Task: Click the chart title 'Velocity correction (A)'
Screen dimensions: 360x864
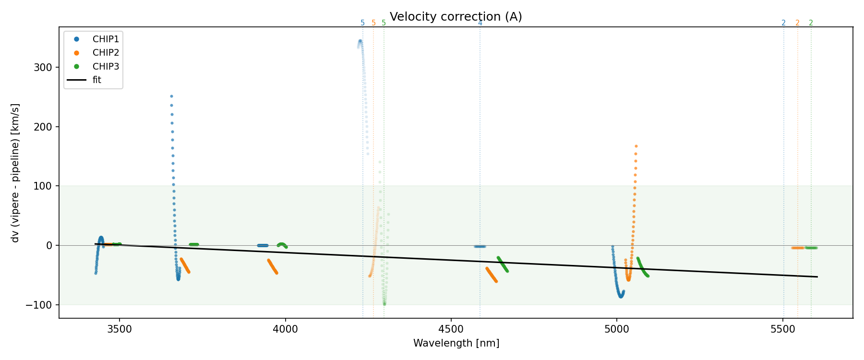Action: (x=456, y=17)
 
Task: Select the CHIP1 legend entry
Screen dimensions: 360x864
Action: (x=106, y=39)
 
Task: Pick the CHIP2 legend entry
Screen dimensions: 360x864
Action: (x=106, y=53)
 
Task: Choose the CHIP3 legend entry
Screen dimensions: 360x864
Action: (x=106, y=67)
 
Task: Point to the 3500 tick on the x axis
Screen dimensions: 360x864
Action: (x=120, y=329)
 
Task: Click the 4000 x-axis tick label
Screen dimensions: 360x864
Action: (x=285, y=329)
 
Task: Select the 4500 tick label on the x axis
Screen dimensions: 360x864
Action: (x=451, y=329)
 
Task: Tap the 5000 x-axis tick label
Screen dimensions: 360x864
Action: (x=617, y=329)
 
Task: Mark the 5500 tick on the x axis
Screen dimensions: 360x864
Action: (x=783, y=329)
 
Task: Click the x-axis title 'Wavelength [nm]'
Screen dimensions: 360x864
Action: (x=456, y=343)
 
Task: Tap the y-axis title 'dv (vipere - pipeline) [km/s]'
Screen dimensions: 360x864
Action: (x=15, y=173)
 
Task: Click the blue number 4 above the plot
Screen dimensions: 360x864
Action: (x=480, y=23)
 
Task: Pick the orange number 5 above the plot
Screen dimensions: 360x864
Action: (x=373, y=23)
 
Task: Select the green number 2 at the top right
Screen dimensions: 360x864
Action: (x=811, y=23)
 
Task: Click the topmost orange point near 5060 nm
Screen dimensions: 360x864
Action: (x=636, y=146)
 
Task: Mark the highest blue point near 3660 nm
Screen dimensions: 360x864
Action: (x=171, y=96)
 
